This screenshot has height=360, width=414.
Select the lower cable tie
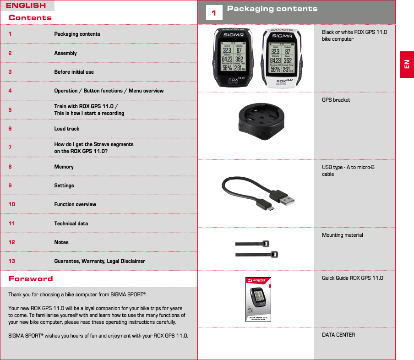(x=256, y=254)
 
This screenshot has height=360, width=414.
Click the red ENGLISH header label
(x=26, y=5)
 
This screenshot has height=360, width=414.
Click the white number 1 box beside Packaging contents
(x=213, y=13)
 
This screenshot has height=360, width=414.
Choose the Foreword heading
(x=31, y=278)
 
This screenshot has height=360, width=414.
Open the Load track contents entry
(x=67, y=129)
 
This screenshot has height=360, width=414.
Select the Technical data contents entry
(x=71, y=224)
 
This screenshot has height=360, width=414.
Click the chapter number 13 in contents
(x=12, y=261)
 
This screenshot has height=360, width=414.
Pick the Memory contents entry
(x=64, y=167)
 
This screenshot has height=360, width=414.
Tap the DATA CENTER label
(x=338, y=335)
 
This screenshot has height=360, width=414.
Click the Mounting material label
(x=343, y=235)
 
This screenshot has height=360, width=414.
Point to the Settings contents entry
(x=64, y=185)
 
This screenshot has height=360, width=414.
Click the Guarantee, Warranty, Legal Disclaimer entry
(x=100, y=261)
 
